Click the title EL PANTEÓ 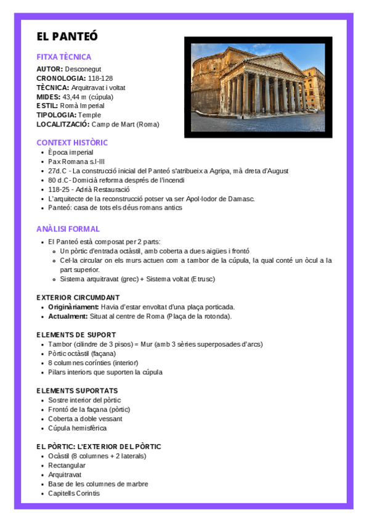click(x=67, y=36)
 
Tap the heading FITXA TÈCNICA click(x=63, y=57)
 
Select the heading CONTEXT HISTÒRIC click(x=72, y=142)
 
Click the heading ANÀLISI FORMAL click(x=68, y=229)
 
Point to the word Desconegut click(x=84, y=69)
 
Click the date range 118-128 click(x=100, y=78)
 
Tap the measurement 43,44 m click(x=74, y=97)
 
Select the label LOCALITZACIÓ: click(x=63, y=124)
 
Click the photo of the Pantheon click(x=258, y=87)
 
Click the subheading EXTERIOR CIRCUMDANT click(x=78, y=297)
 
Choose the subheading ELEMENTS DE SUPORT click(x=76, y=335)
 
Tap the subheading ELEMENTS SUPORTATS click(x=77, y=390)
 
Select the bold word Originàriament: click(x=73, y=307)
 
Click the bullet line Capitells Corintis click(x=74, y=493)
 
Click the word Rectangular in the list click(x=67, y=466)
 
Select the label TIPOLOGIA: click(x=56, y=115)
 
